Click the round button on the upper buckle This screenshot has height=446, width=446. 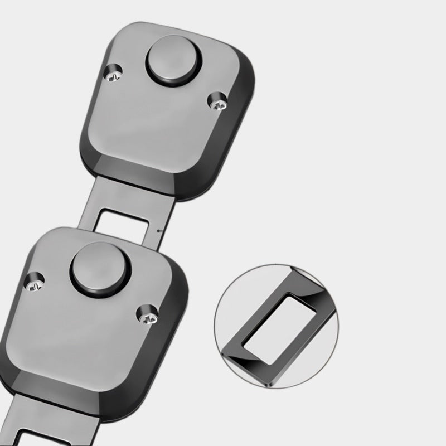pos(171,61)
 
